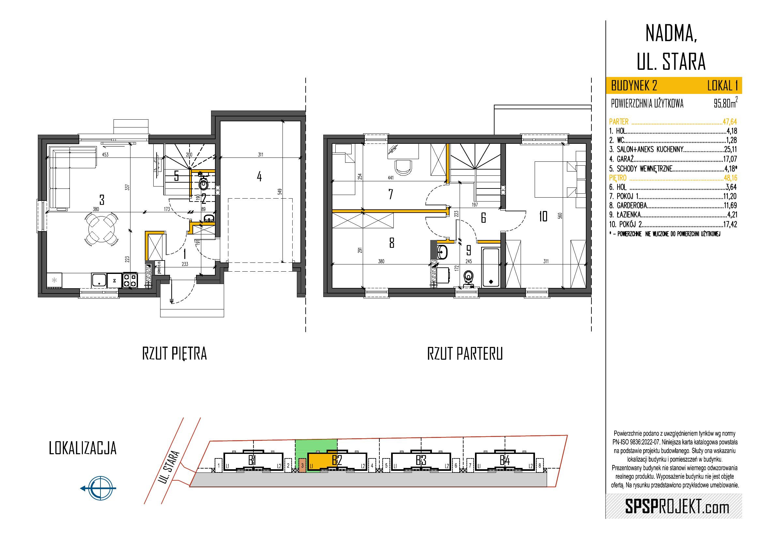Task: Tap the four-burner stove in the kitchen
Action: (130, 280)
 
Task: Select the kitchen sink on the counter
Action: (99, 280)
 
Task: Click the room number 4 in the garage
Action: (259, 176)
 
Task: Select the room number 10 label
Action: (543, 217)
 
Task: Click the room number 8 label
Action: (392, 244)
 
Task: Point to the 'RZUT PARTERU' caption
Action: (465, 354)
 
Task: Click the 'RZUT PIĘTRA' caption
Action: (175, 354)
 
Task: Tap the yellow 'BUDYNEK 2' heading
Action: (634, 86)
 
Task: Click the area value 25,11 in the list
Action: (730, 149)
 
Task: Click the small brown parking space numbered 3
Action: (302, 465)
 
